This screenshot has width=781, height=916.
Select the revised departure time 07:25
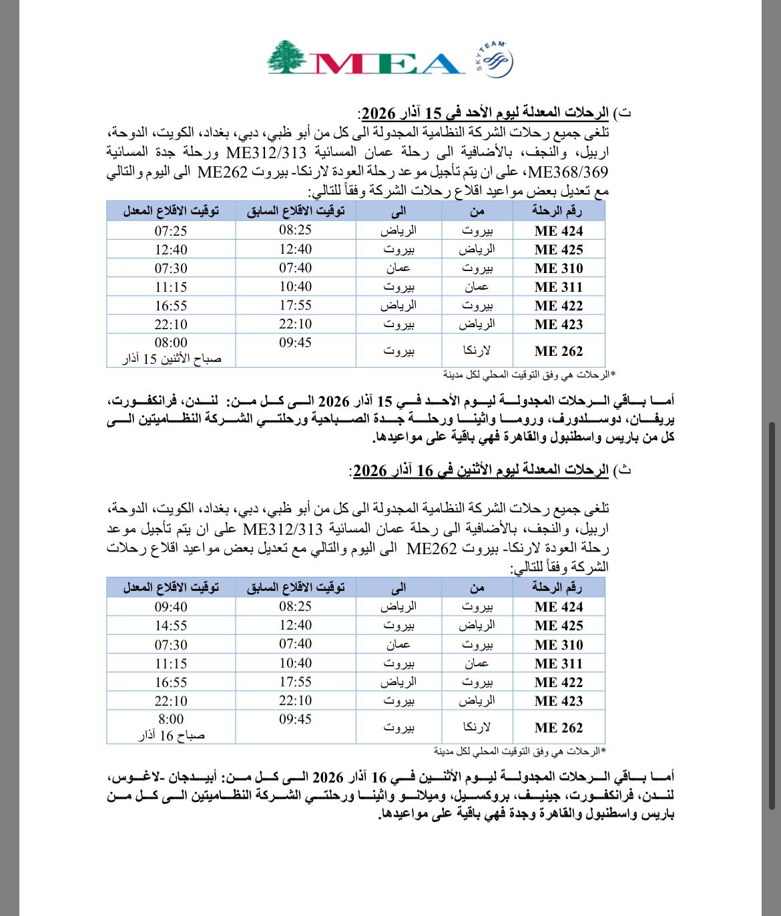coord(171,231)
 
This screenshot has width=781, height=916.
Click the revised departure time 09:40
coord(171,607)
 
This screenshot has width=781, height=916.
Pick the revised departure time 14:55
coord(171,626)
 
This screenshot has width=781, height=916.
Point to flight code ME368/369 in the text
coord(567,172)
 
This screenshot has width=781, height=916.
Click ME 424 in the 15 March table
coord(559,231)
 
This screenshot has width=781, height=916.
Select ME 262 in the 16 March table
coord(559,728)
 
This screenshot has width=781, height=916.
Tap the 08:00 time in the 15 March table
coord(171,343)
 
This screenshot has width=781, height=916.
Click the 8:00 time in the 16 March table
coord(171,720)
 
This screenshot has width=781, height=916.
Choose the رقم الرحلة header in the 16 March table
coord(557,588)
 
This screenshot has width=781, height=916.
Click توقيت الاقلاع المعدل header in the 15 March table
coord(171,211)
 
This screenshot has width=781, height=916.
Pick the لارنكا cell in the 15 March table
coord(477,351)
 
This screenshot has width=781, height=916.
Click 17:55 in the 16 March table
coord(295,682)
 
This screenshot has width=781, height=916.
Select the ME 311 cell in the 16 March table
coord(559,664)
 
